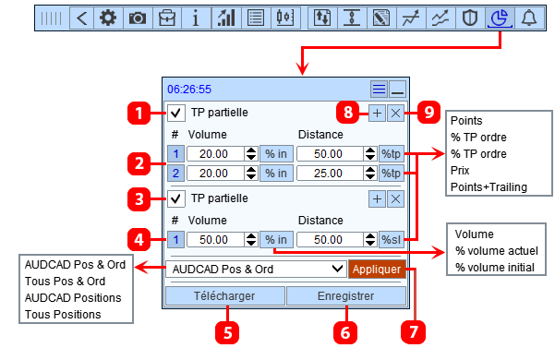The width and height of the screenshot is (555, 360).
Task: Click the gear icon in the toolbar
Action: pos(108,18)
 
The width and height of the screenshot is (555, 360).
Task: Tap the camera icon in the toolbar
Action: pos(138,18)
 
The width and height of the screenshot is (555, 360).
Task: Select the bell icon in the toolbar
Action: pos(529,18)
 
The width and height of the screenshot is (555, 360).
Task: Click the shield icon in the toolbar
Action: pos(470,18)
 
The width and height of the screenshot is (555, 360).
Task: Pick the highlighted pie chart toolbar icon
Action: pos(500,18)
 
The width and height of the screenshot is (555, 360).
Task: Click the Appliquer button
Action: pos(377,270)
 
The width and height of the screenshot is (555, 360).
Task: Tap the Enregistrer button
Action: pos(345,296)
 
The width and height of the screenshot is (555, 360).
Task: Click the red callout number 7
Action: pos(413,332)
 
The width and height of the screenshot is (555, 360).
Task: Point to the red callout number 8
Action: pos(348,113)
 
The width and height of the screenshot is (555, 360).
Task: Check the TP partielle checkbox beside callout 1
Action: pos(175,113)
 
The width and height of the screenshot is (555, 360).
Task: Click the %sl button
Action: pos(392,240)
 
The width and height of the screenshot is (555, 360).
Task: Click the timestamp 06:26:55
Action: pos(189,90)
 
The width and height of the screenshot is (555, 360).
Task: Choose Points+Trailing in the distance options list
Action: pos(489,187)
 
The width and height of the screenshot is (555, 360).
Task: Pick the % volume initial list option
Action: pos(495,268)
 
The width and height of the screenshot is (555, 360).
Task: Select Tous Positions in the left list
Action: pos(63,315)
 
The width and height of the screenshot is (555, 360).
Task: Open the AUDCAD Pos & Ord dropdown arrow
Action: pos(337,270)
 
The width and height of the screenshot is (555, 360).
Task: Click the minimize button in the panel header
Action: pos(397,90)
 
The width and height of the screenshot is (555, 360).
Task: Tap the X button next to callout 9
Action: pos(395,114)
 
